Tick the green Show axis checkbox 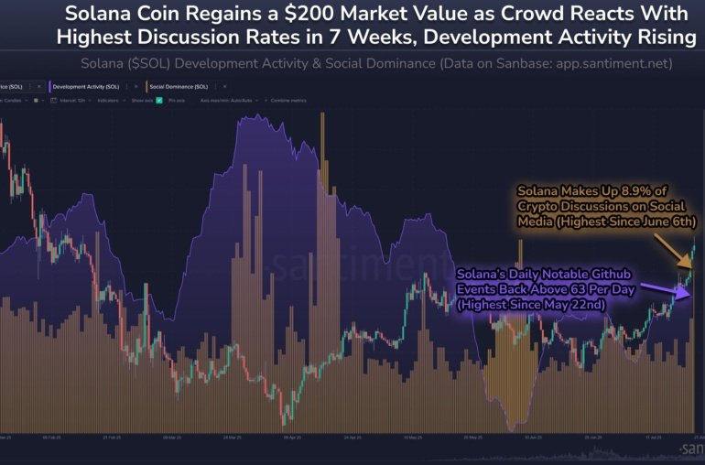(159, 101)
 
